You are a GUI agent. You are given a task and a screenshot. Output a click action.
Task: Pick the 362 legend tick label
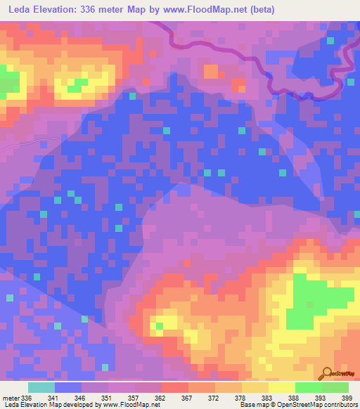pos(161,398)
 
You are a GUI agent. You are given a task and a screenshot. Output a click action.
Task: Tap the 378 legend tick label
pos(241,398)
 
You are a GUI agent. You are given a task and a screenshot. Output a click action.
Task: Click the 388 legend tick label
pos(295,398)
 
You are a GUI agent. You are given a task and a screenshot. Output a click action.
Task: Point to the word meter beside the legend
pos(11,398)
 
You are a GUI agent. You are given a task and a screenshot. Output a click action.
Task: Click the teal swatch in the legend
pos(41,387)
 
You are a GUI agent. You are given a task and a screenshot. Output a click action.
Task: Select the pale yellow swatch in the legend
pos(281,387)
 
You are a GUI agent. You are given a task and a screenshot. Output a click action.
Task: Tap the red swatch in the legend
pos(174,387)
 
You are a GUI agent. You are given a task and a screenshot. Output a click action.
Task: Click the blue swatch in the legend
pos(67,387)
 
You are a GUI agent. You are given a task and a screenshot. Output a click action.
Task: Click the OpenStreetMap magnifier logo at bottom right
pos(328,373)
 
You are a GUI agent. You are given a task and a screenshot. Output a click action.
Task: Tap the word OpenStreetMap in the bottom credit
pos(305,405)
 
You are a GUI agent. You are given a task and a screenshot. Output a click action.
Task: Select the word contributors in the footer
pos(344,405)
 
